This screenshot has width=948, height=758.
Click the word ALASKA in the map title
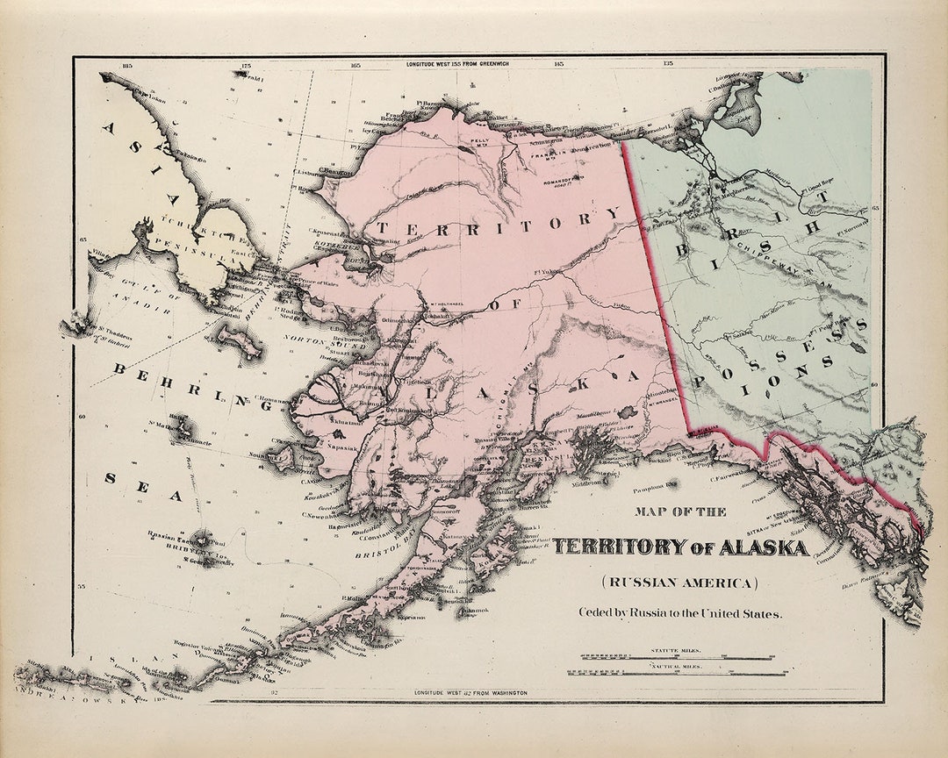click(x=763, y=547)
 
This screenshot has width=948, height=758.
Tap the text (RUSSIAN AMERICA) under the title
click(x=679, y=582)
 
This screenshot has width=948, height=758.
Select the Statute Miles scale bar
click(x=676, y=656)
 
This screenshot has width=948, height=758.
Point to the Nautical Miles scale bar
click(x=676, y=673)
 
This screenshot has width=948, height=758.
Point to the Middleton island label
click(x=590, y=482)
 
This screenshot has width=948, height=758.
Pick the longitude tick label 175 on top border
click(x=247, y=65)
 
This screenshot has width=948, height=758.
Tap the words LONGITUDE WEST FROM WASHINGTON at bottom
click(x=471, y=693)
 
